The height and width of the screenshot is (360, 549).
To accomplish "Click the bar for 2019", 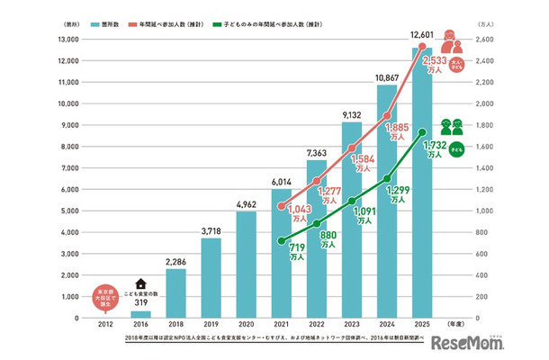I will point(211,277).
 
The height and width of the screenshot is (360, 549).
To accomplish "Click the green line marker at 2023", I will point(352,201).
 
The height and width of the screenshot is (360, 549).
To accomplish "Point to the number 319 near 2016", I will point(140,304).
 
